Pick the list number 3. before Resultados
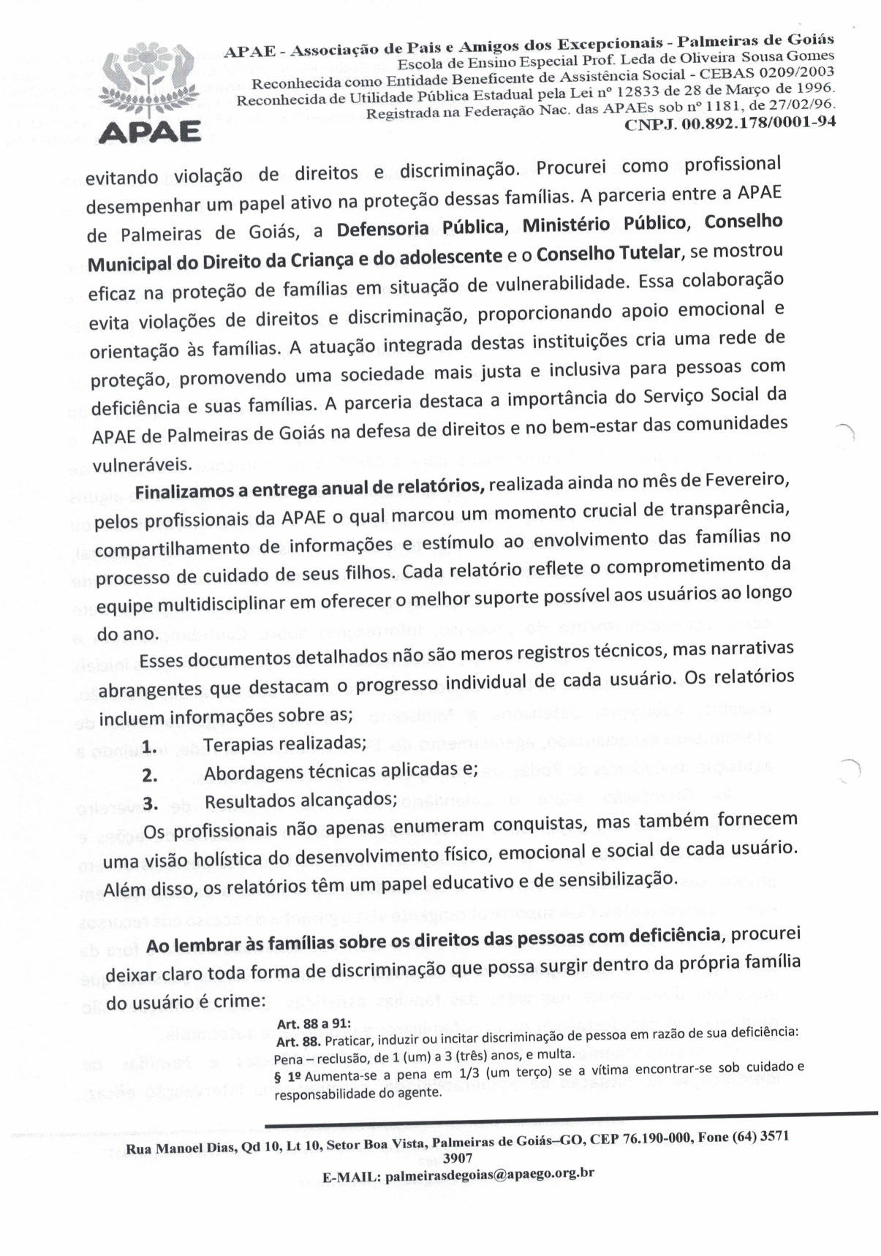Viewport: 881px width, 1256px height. pos(151,803)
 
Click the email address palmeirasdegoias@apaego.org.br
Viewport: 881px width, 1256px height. pos(489,1175)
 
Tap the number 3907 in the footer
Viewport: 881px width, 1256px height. pos(457,1158)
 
